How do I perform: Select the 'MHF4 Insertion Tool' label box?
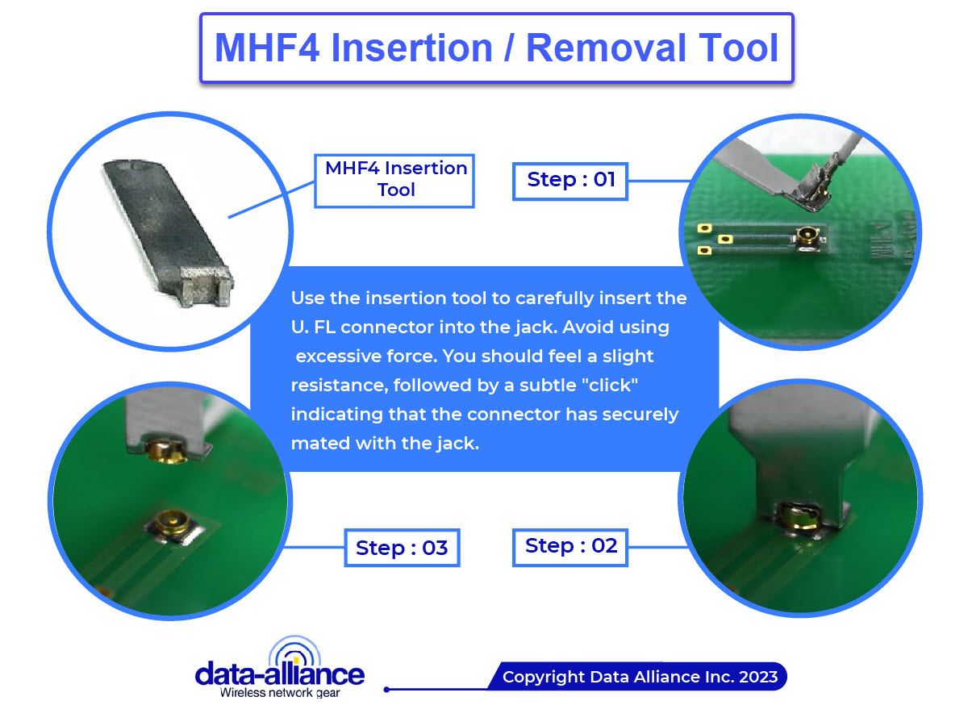tap(395, 179)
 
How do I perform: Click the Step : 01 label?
tap(570, 179)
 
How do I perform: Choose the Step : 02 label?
tap(570, 546)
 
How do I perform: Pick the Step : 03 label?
tap(401, 549)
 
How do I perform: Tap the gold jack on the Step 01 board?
tap(804, 236)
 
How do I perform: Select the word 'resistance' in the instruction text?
tap(337, 385)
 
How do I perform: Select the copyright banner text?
tap(639, 676)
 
